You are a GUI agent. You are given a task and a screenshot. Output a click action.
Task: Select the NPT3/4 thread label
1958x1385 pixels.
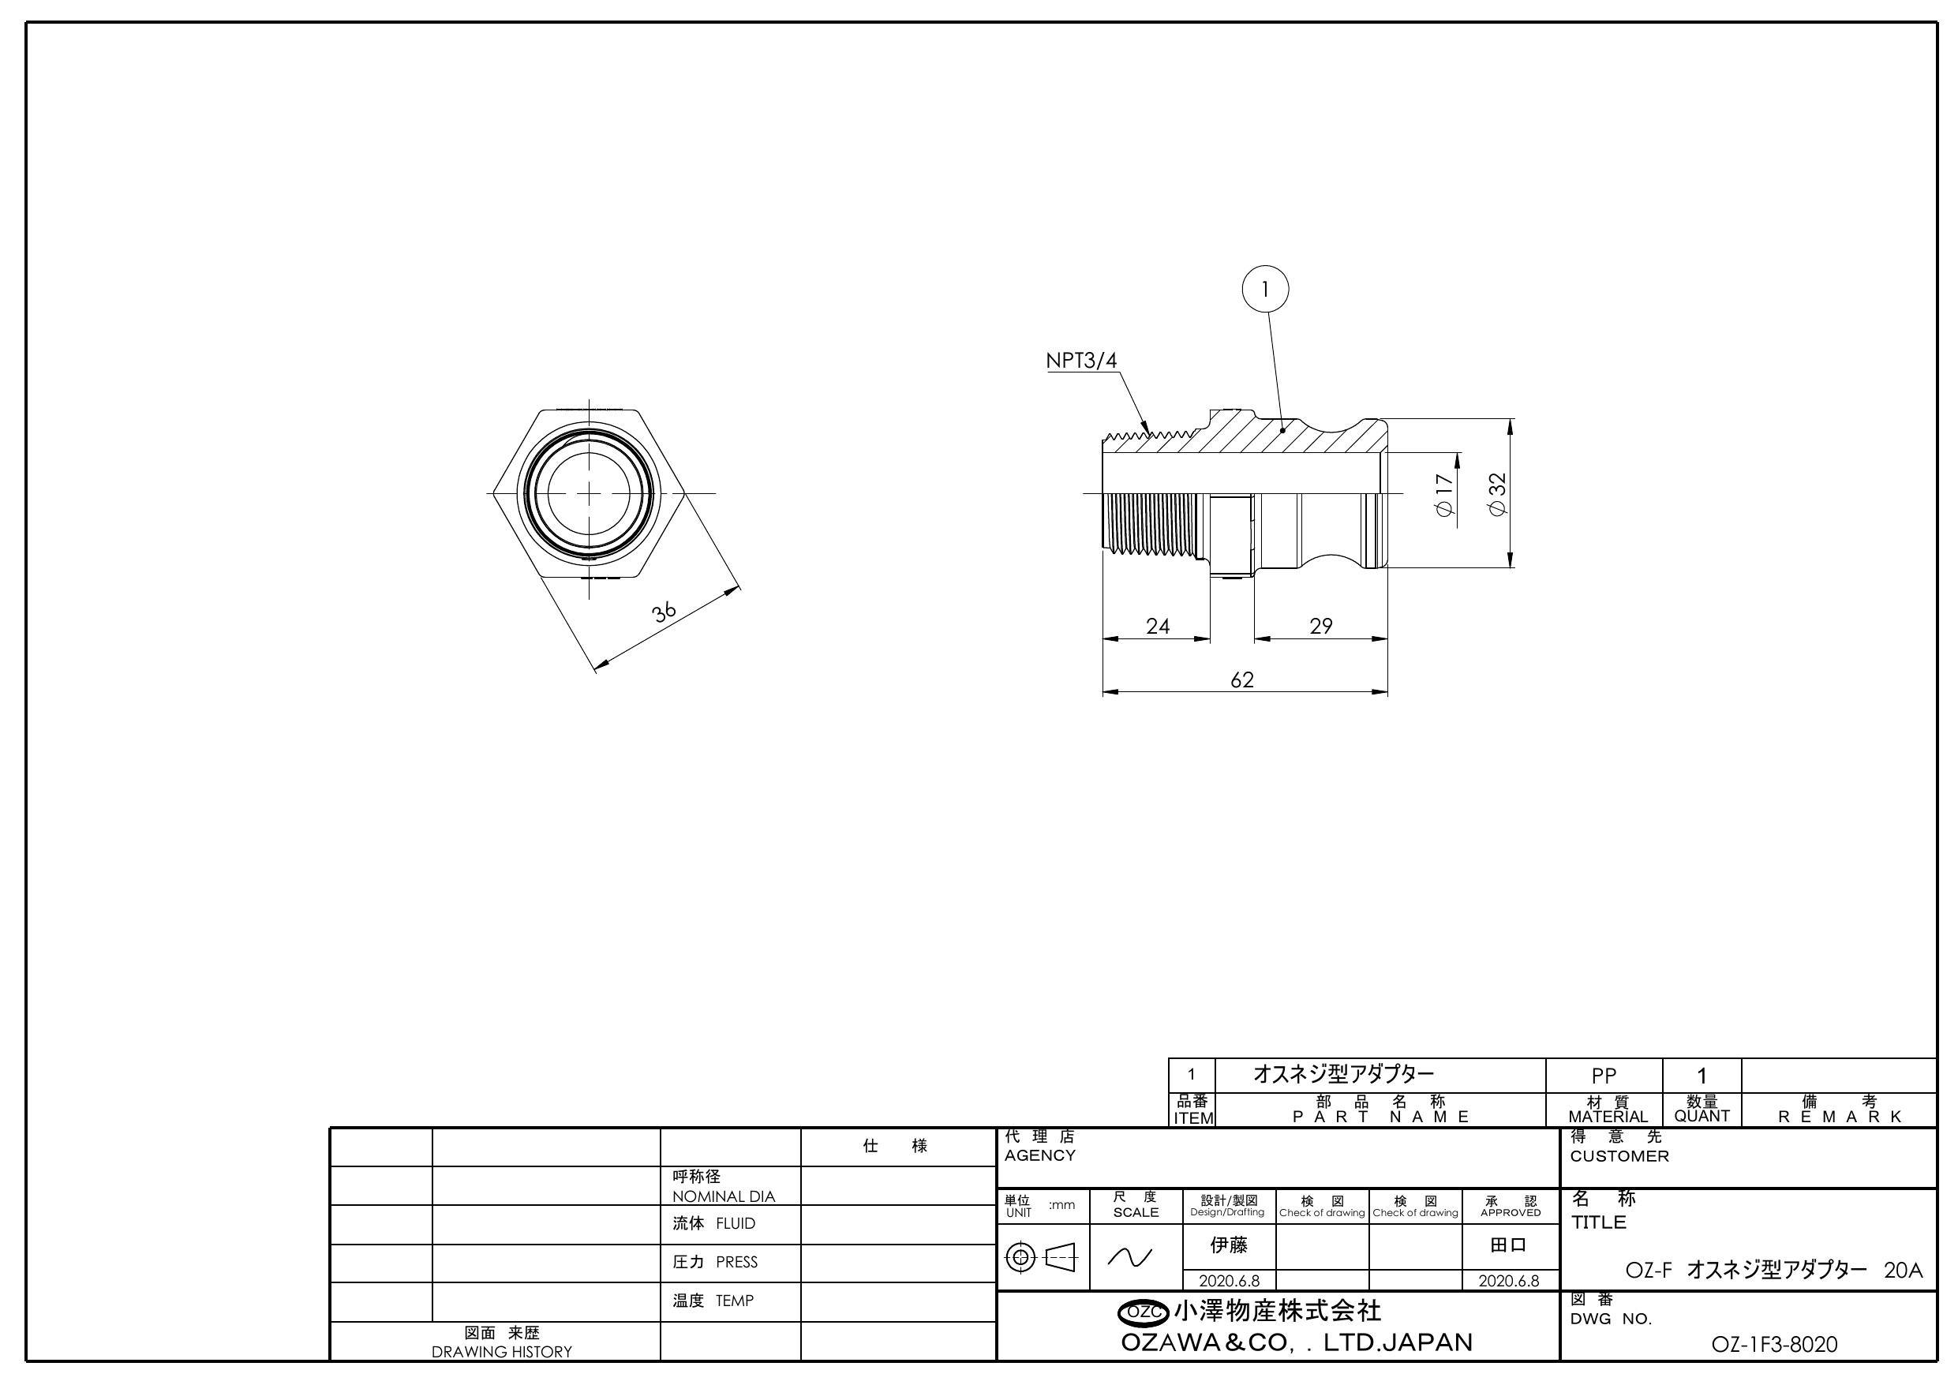point(1080,361)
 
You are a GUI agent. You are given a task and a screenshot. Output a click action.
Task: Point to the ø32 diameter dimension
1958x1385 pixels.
point(1497,494)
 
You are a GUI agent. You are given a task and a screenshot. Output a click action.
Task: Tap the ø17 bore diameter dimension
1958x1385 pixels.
point(1443,495)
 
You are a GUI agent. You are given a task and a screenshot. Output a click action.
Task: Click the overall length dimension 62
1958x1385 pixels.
point(1241,679)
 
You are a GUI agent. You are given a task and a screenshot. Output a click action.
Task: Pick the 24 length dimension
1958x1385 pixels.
point(1157,626)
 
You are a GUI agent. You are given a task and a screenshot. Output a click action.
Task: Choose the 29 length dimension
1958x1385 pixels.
point(1320,626)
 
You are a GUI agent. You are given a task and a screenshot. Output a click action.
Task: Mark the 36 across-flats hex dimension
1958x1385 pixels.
point(665,612)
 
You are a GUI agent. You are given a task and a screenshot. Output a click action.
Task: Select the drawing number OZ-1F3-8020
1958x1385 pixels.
point(1774,1345)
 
